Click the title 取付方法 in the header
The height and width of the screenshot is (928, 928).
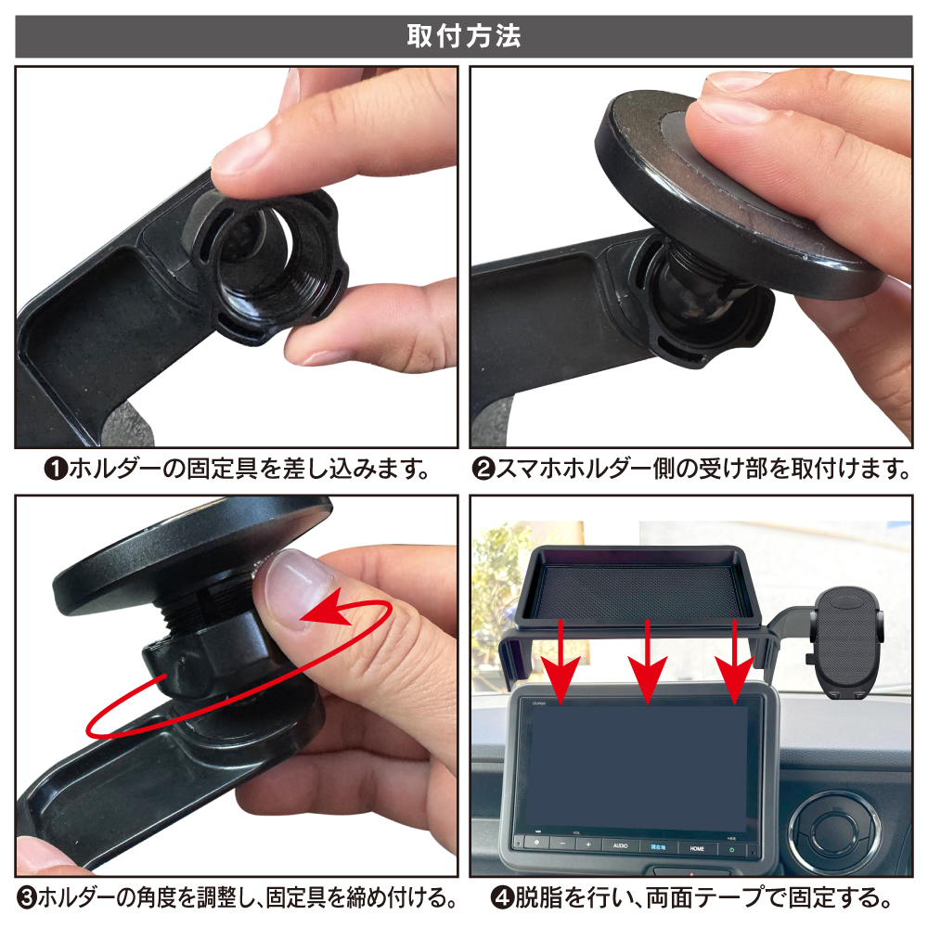tap(463, 36)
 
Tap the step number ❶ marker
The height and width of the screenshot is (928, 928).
tap(57, 470)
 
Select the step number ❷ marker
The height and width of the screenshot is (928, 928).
tap(483, 470)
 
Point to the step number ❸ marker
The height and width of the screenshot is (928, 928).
tap(27, 898)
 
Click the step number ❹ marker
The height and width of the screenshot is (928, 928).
tap(502, 898)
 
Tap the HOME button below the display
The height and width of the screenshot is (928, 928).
tap(697, 848)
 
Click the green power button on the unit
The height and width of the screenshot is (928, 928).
tap(732, 849)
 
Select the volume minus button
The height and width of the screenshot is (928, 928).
tap(563, 844)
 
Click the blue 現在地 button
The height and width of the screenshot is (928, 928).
tap(658, 847)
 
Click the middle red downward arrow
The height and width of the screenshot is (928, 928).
tap(648, 662)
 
